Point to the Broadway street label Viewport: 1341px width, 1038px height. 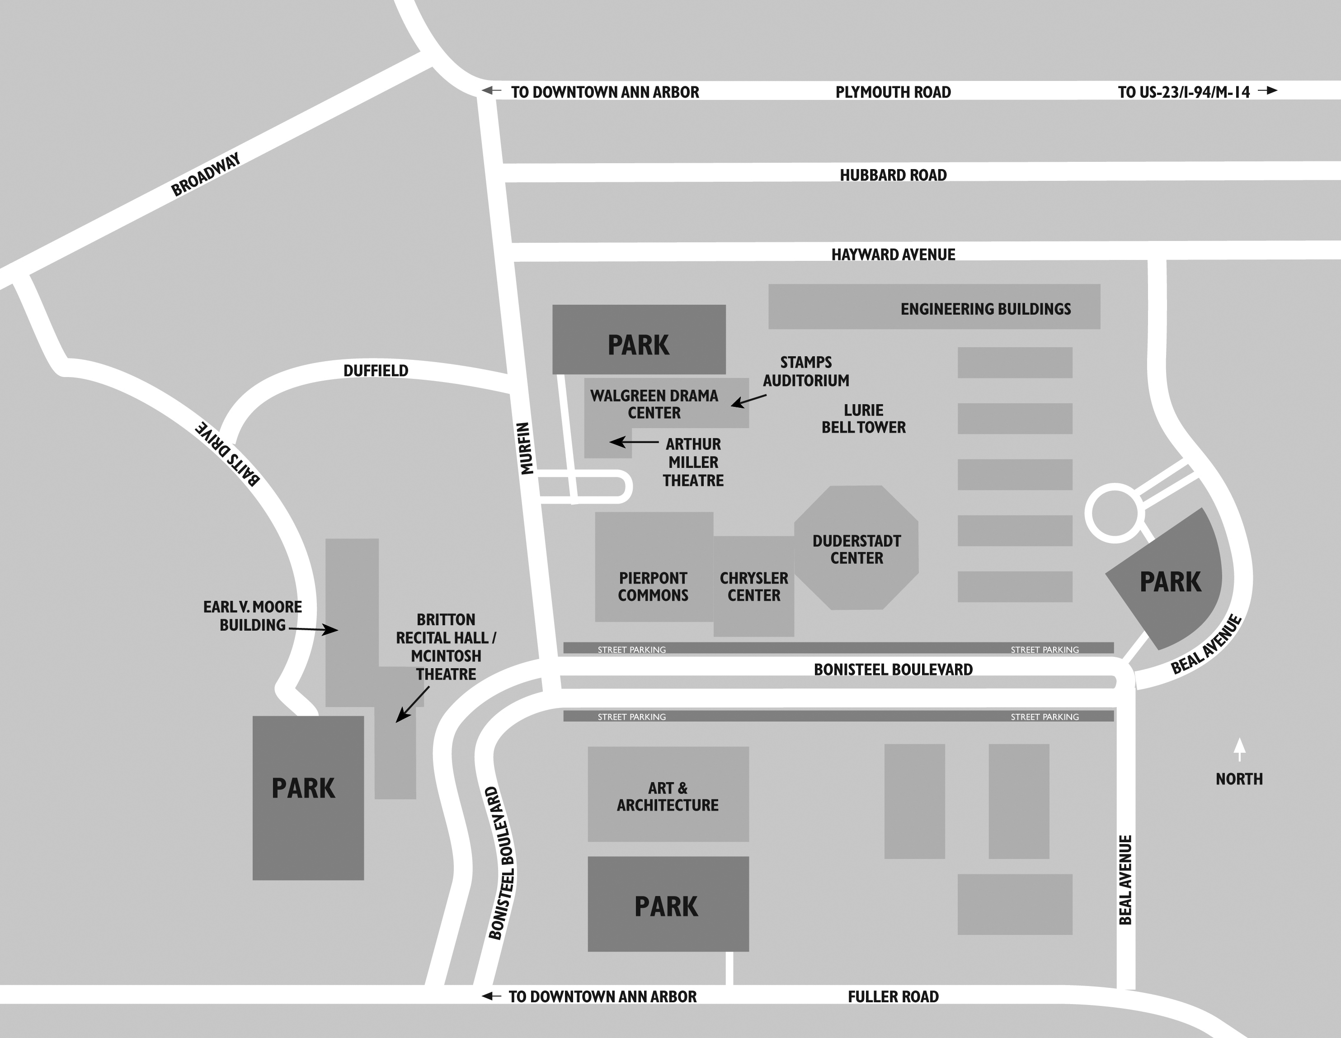(x=206, y=175)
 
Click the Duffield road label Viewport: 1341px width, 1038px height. (x=376, y=370)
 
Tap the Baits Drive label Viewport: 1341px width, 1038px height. (x=228, y=454)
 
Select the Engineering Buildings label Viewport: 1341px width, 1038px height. (x=985, y=309)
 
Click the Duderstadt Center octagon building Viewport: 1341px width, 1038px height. (x=856, y=548)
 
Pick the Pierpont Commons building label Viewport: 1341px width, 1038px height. (x=653, y=586)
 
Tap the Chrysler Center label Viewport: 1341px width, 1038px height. (x=753, y=586)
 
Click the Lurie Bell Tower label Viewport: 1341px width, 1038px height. (x=863, y=419)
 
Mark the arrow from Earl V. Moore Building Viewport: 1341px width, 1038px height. (x=313, y=629)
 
